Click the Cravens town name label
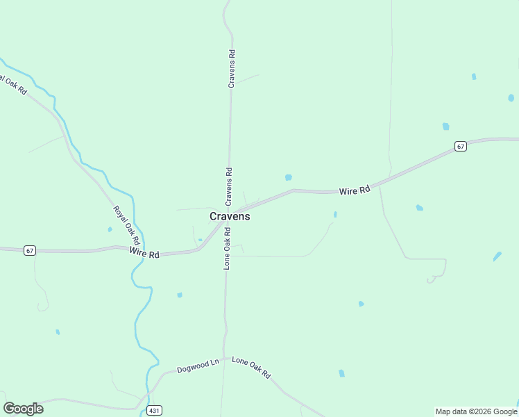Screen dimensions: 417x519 pos(230,216)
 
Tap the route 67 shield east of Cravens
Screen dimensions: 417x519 pos(461,146)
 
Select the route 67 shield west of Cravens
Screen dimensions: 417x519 pos(29,250)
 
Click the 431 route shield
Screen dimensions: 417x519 pos(154,410)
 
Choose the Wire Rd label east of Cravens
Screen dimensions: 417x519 pos(355,190)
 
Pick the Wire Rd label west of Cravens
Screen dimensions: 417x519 pos(144,254)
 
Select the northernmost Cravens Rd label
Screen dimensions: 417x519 pos(232,67)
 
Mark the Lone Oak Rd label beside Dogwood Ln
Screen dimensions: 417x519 pos(251,367)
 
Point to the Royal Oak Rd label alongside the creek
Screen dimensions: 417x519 pos(123,224)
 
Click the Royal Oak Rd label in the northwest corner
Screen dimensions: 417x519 pos(13,85)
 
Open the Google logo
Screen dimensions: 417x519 pos(23,409)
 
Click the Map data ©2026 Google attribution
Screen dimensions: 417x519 pos(476,411)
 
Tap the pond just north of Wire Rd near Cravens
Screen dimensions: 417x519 pos(288,177)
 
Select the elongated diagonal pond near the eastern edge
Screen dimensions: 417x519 pos(497,256)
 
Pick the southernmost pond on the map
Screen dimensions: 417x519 pos(341,373)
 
